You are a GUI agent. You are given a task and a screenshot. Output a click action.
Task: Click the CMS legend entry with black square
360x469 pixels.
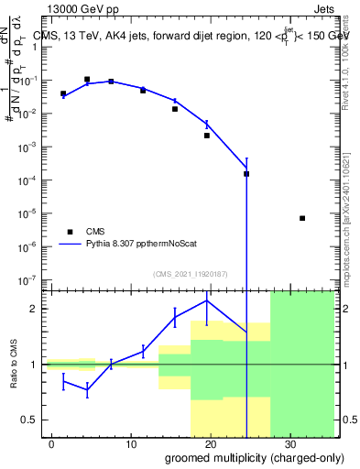95,232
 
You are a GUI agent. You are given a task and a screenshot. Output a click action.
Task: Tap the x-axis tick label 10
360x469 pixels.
131,442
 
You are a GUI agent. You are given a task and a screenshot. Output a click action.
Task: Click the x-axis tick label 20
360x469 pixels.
211,442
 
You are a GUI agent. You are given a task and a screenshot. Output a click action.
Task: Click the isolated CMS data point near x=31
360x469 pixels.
302,218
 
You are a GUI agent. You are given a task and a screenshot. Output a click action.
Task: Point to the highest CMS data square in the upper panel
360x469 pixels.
87,80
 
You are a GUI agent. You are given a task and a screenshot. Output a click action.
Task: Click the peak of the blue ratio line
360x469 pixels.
207,300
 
